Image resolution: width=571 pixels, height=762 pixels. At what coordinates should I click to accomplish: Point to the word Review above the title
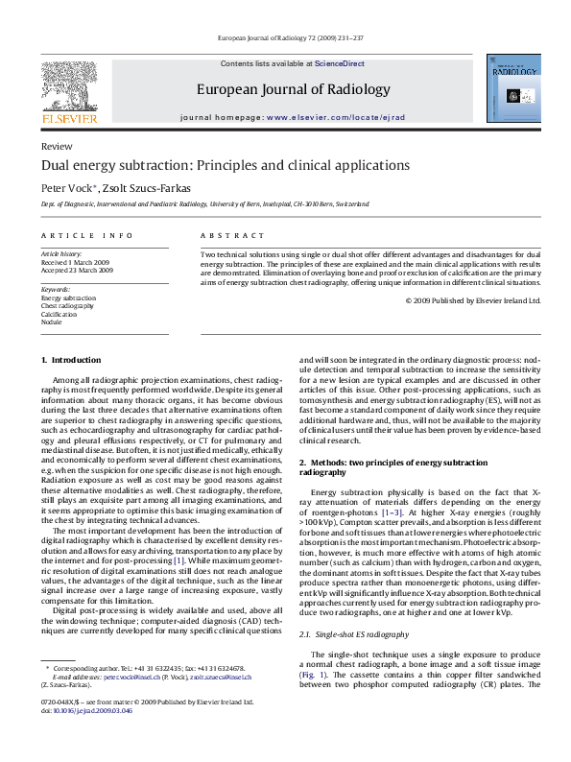(x=57, y=146)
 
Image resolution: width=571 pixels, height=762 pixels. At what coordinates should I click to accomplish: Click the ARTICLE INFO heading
(x=87, y=235)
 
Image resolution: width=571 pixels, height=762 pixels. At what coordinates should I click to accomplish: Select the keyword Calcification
(x=59, y=314)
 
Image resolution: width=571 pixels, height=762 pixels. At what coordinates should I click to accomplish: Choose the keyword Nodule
(x=51, y=322)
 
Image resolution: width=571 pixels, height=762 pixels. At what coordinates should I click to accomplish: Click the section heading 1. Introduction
(x=70, y=360)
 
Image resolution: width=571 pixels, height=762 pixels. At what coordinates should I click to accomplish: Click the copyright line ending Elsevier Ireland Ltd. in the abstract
(x=473, y=299)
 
